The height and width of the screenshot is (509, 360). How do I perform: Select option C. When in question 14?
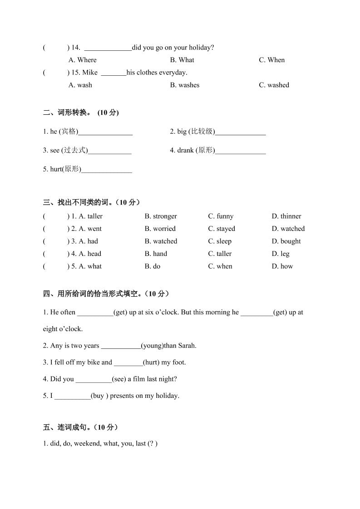click(272, 60)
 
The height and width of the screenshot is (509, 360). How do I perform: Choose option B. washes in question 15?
click(185, 85)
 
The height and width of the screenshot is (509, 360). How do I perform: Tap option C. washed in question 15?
click(274, 85)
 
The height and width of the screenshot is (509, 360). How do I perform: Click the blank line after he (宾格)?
click(105, 132)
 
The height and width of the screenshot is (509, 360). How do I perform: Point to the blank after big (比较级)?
click(241, 132)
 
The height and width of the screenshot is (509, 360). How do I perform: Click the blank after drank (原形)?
click(241, 151)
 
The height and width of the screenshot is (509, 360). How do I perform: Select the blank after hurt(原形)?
click(107, 170)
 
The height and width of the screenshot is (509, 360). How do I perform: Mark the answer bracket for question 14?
click(56, 48)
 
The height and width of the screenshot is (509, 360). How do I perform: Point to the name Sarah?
click(186, 346)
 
